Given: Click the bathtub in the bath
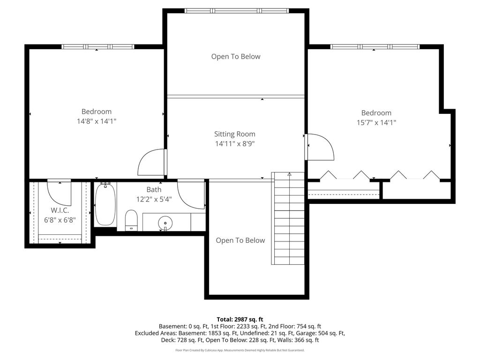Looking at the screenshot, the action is pyautogui.click(x=105, y=204).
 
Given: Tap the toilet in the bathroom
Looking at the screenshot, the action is pyautogui.click(x=131, y=220).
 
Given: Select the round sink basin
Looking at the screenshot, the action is pyautogui.click(x=165, y=223).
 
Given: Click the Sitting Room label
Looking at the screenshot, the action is pyautogui.click(x=234, y=134).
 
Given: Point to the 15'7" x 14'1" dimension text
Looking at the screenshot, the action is pyautogui.click(x=376, y=122).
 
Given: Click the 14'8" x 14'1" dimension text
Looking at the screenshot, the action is pyautogui.click(x=97, y=121).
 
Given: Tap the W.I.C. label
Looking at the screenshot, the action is pyautogui.click(x=60, y=210).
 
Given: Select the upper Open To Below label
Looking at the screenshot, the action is pyautogui.click(x=236, y=56).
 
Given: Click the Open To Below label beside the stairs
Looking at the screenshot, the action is pyautogui.click(x=240, y=240).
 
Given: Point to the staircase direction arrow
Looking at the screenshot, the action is pyautogui.click(x=289, y=174).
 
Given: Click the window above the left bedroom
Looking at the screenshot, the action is pyautogui.click(x=97, y=46).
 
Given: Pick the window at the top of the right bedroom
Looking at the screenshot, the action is pyautogui.click(x=375, y=46).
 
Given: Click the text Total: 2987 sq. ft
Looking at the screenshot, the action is pyautogui.click(x=240, y=320).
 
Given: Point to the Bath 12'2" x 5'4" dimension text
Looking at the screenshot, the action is pyautogui.click(x=154, y=200).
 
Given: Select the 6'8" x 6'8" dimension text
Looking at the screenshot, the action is pyautogui.click(x=60, y=220).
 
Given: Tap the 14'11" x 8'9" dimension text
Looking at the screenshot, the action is pyautogui.click(x=235, y=143).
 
